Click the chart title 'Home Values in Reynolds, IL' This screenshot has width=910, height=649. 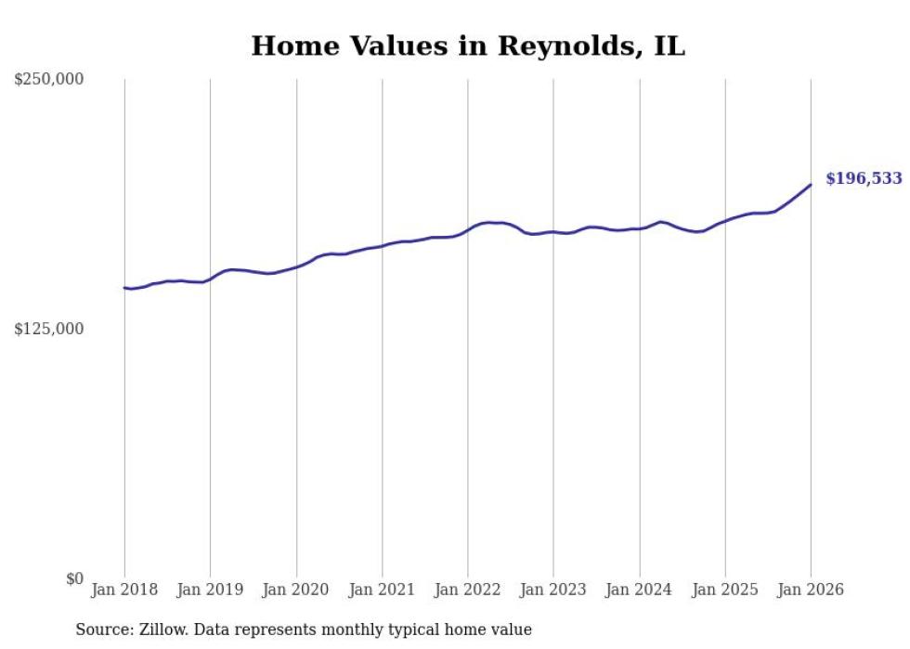click(x=468, y=46)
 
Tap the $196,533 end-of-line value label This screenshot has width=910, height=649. click(x=864, y=178)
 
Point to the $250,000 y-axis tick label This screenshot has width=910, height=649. click(x=49, y=80)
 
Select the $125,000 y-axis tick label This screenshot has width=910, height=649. click(x=49, y=329)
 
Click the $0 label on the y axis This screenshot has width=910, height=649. click(x=74, y=578)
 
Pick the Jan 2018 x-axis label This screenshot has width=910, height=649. click(x=124, y=591)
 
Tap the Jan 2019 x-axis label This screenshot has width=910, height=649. click(x=210, y=591)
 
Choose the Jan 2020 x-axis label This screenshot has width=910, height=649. click(x=296, y=591)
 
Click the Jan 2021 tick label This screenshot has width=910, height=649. click(x=382, y=591)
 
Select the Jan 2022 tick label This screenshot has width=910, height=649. click(x=468, y=591)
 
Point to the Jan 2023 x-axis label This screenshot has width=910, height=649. click(x=553, y=591)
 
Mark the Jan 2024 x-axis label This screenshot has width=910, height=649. click(x=639, y=591)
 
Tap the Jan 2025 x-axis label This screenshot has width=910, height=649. click(x=725, y=591)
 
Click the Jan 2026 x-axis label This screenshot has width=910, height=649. click(x=811, y=591)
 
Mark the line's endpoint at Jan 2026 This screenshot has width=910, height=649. click(x=811, y=185)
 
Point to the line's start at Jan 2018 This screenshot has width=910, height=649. click(x=124, y=288)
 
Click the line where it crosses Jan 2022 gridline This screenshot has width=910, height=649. click(x=468, y=229)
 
